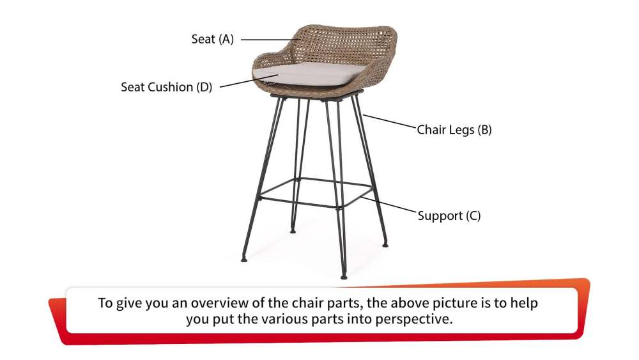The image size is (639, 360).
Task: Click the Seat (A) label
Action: pos(212,39)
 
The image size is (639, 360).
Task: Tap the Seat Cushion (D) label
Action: pos(166,87)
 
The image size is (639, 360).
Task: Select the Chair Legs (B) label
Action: pos(454,130)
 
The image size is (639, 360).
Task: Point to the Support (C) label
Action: pos(449,215)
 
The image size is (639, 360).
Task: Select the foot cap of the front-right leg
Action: pos(343,276)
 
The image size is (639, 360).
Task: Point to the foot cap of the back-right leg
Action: pos(385,244)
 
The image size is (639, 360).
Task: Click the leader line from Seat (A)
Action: pos(268,40)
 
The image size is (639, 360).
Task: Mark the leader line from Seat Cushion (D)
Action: pos(249,82)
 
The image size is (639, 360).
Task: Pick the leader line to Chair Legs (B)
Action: pos(390,121)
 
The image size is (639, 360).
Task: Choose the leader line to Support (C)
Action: pos(390,207)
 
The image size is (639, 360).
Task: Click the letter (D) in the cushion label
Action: pos(203,87)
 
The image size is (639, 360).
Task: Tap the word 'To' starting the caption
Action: pos(105,303)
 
